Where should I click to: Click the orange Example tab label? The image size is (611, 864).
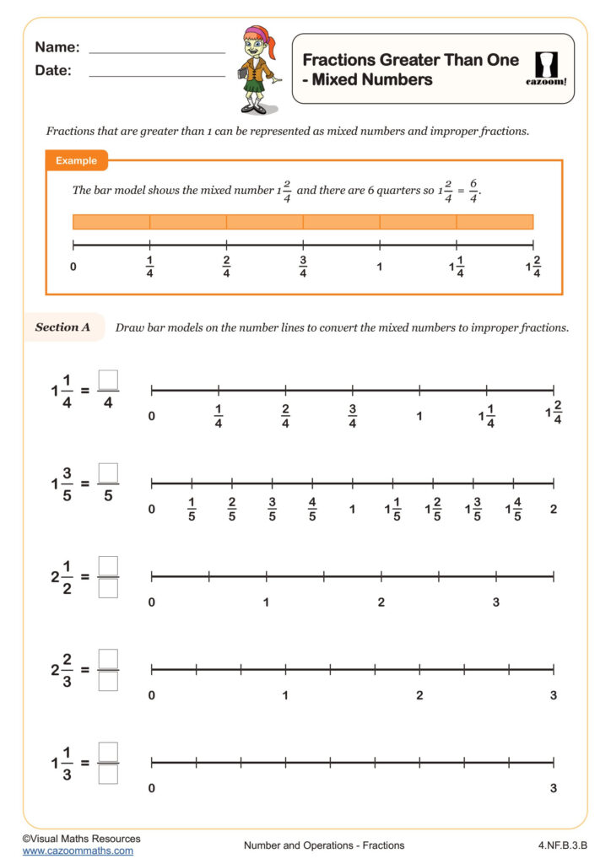(x=76, y=160)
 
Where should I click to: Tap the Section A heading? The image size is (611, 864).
(x=62, y=327)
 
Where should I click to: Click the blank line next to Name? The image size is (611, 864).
(x=157, y=52)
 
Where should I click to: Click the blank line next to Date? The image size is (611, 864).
(x=157, y=76)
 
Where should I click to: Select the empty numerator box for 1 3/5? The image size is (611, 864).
(x=108, y=473)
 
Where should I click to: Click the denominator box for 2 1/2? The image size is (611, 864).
(x=108, y=588)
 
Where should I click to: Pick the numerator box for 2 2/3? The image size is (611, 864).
(x=108, y=658)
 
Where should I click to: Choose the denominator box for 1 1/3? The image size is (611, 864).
(x=108, y=774)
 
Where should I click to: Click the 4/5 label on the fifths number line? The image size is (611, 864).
(x=312, y=510)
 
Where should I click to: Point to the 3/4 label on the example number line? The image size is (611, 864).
(x=303, y=267)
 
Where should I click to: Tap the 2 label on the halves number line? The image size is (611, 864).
(x=381, y=602)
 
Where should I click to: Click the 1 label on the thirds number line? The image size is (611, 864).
(x=285, y=695)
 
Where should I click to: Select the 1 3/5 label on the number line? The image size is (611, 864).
(x=473, y=510)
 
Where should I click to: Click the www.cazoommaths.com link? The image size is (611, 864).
(x=78, y=851)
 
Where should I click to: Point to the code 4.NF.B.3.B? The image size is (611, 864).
(x=561, y=845)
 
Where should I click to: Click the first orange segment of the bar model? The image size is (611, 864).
(x=111, y=222)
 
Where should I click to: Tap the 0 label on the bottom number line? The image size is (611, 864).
(x=152, y=788)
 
